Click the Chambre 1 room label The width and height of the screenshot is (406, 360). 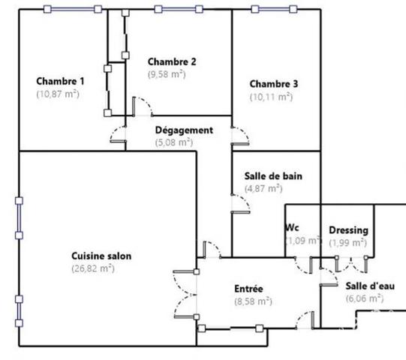pos(60,81)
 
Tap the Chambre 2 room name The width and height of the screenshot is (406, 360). pos(172,61)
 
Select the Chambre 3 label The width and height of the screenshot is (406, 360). pos(274,84)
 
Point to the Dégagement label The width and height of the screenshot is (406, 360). pos(184,130)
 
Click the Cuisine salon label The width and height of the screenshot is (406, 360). pos(101,256)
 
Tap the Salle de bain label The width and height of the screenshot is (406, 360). pos(273,176)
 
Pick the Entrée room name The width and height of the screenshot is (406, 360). pos(248,289)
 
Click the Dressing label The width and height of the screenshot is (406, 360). pos(348,230)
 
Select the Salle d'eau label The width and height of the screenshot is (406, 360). pos(370,286)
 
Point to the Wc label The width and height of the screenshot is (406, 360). pos(292,227)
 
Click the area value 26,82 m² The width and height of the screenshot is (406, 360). pos(93,268)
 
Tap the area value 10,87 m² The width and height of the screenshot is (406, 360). pos(58,94)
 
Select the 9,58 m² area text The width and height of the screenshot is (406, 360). pos(167,74)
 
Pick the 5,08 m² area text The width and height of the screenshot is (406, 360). pos(174,142)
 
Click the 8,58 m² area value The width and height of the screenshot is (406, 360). pos(253,301)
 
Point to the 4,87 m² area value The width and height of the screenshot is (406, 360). pos(263,188)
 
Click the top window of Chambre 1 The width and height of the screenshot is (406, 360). pos(73,9)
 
